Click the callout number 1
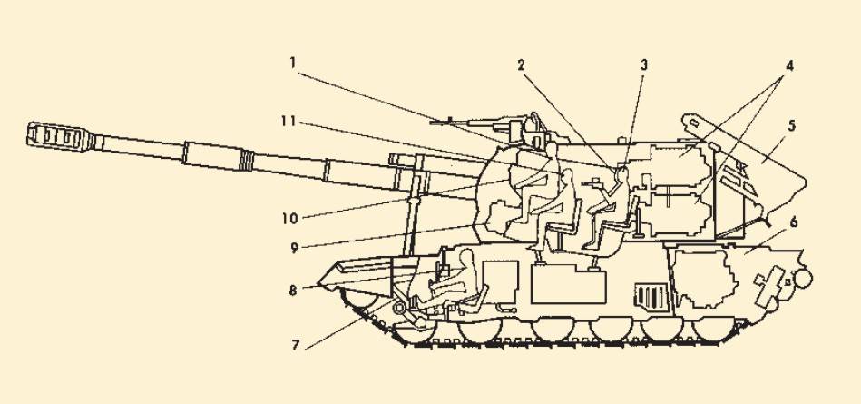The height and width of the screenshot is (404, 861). (x=293, y=63)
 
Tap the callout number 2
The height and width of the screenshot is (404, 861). (x=521, y=64)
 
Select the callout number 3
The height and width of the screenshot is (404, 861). (x=644, y=64)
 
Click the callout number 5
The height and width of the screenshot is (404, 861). (x=791, y=124)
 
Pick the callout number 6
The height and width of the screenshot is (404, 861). (x=794, y=222)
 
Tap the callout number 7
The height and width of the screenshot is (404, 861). (x=296, y=345)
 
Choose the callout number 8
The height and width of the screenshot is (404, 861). (x=293, y=290)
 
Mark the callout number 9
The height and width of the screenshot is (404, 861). (x=294, y=248)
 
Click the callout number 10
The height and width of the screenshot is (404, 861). (x=290, y=218)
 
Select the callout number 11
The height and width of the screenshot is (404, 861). (x=289, y=122)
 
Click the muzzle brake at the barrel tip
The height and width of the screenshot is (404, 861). (x=60, y=136)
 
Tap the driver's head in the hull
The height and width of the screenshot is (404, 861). (x=466, y=257)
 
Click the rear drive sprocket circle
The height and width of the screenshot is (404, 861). (x=802, y=278)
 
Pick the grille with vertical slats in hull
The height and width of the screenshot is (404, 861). (x=651, y=298)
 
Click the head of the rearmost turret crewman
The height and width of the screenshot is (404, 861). (x=622, y=175)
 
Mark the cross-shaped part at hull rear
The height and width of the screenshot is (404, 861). (x=768, y=286)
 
